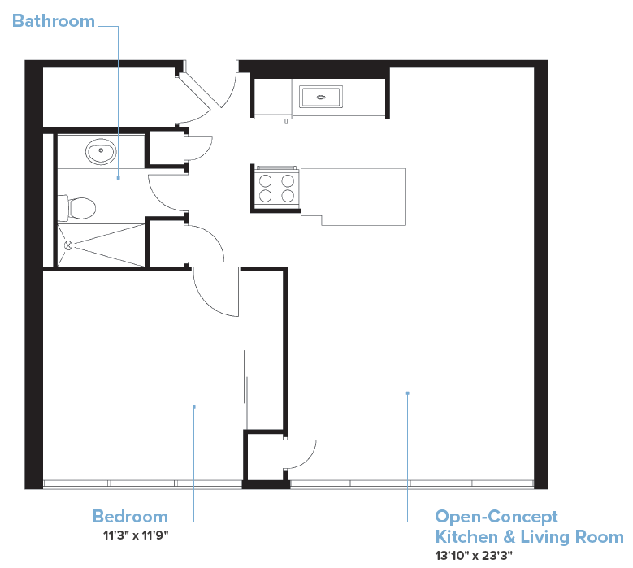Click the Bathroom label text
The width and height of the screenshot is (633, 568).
pyautogui.click(x=53, y=21)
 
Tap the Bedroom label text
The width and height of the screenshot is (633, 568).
pyautogui.click(x=130, y=517)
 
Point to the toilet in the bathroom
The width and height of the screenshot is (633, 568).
pyautogui.click(x=78, y=208)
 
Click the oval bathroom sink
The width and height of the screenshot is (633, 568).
pyautogui.click(x=101, y=150)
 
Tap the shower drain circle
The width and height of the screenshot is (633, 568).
pyautogui.click(x=68, y=244)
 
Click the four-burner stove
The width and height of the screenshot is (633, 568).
pyautogui.click(x=275, y=187)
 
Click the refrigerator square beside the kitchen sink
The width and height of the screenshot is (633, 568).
pyautogui.click(x=271, y=98)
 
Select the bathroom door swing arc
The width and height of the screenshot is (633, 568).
pyautogui.click(x=165, y=193)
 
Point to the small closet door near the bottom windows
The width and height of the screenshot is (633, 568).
pyautogui.click(x=301, y=453)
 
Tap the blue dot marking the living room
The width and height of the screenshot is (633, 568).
pyautogui.click(x=407, y=393)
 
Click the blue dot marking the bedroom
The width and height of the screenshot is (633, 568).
pyautogui.click(x=193, y=406)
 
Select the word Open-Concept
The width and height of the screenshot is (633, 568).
pyautogui.click(x=496, y=517)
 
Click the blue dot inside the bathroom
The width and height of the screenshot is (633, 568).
pyautogui.click(x=119, y=177)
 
